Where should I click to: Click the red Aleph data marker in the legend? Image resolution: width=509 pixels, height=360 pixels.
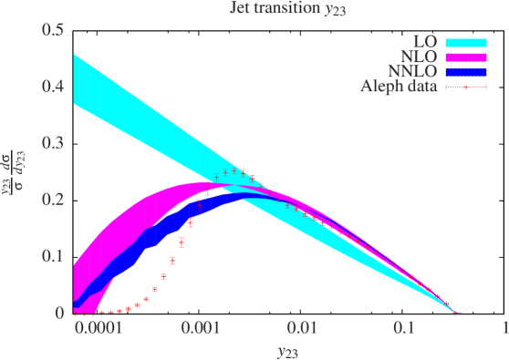(465, 87)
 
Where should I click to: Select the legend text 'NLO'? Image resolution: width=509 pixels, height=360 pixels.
(421, 57)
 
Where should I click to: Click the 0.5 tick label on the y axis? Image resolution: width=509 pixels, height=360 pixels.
(53, 32)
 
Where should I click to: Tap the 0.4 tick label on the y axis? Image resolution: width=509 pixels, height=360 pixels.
(53, 88)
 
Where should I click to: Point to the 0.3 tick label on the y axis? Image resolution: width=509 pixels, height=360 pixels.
(53, 144)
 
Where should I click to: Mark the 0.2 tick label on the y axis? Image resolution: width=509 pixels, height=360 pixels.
(53, 201)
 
